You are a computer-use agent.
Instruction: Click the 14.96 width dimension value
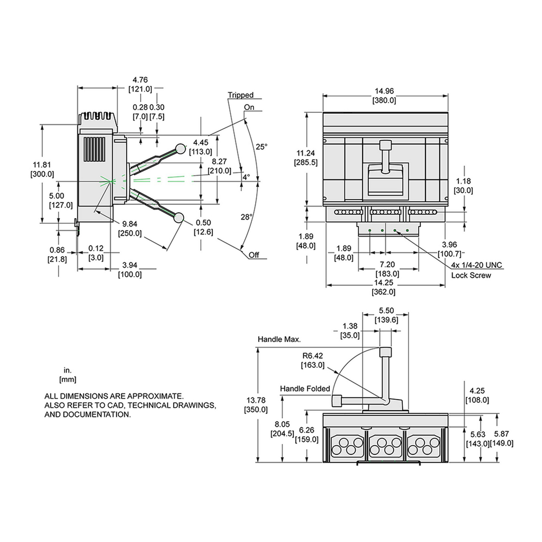pos(385,91)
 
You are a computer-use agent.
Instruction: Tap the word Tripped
pos(241,95)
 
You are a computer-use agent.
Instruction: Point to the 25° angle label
pos(261,147)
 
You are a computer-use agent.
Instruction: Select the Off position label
pos(255,255)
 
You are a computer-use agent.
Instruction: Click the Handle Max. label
pos(279,339)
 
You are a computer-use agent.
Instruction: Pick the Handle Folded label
pos(305,389)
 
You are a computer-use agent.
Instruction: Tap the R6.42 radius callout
pos(312,356)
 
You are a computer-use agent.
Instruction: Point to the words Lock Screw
pos(471,275)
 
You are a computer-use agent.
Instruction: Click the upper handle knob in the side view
pos(180,149)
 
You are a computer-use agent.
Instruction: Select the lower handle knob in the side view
pos(179,217)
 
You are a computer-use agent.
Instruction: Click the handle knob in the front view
pos(386,145)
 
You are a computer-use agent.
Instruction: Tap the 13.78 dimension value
pos(256,400)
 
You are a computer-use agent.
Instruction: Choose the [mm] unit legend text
pos(67,379)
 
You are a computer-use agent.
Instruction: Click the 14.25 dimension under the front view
pos(385,283)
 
